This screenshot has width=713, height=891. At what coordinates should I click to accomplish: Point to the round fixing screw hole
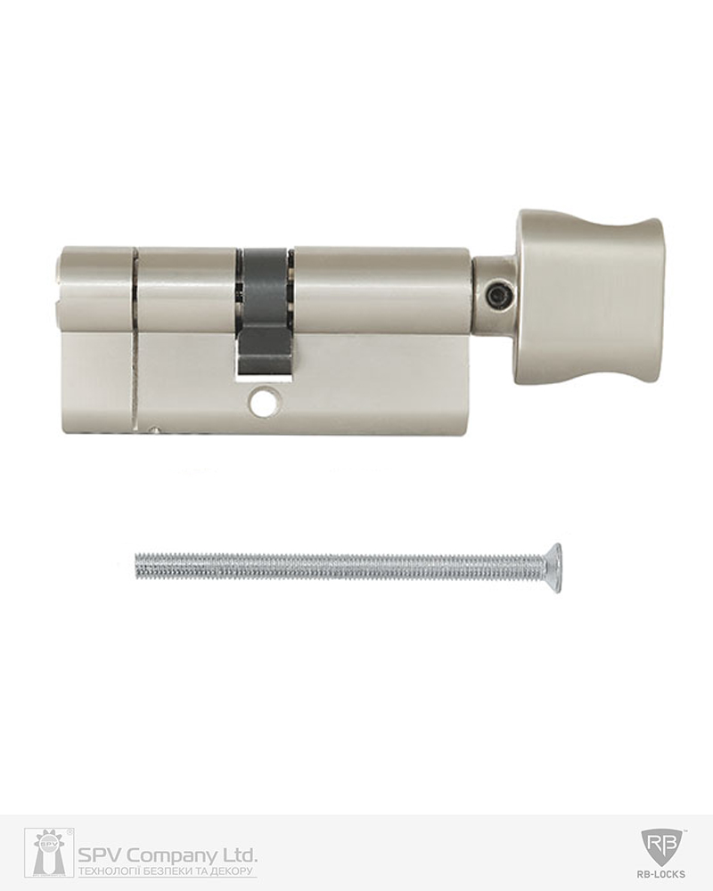pyautogui.click(x=263, y=401)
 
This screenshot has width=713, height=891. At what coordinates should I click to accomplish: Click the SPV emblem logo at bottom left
pyautogui.click(x=49, y=853)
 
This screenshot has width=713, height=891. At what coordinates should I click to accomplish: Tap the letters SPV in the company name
pyautogui.click(x=101, y=854)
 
